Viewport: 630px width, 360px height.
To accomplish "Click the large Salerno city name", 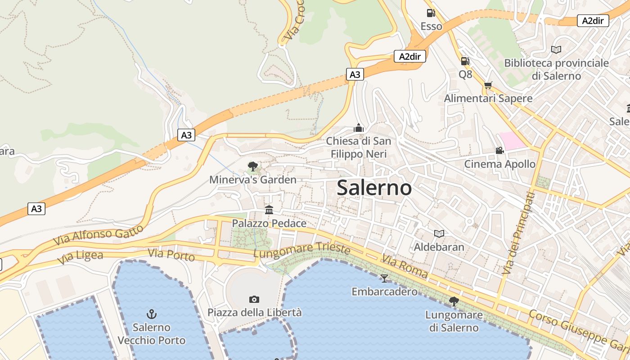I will tap(374, 188).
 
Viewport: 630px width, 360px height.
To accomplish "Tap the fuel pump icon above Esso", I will tap(431, 13).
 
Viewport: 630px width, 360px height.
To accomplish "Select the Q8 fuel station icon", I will tap(465, 61).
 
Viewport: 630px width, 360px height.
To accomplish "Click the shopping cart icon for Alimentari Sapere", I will tap(488, 85).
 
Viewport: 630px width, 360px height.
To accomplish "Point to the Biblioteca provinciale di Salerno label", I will tap(556, 69).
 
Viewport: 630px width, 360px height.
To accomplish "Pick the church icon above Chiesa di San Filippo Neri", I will tap(359, 128).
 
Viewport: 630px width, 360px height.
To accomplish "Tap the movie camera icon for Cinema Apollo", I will tap(499, 150).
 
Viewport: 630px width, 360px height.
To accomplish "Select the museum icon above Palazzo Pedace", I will tap(269, 210).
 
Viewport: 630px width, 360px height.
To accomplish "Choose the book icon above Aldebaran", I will tap(439, 234).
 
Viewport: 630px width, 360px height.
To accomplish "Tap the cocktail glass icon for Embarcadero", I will tap(384, 278).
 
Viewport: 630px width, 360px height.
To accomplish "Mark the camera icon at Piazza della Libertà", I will tap(254, 299).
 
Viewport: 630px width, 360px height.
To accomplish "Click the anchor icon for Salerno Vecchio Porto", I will tap(152, 314).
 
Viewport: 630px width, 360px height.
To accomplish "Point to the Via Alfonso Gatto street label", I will tap(98, 235).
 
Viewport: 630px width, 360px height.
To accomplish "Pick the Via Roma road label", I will tap(405, 265).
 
